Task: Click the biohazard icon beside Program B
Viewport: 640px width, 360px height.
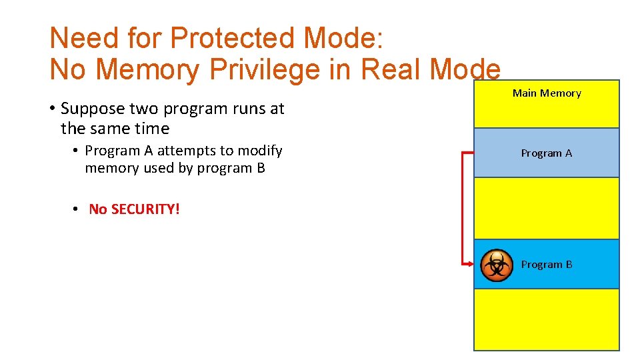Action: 496,265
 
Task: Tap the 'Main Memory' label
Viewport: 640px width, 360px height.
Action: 547,93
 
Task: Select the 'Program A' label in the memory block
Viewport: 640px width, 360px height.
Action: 547,153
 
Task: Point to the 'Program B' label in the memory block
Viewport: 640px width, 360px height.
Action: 547,265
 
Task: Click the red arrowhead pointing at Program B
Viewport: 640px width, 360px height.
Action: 469,265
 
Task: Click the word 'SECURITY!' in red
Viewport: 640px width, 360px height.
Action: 145,209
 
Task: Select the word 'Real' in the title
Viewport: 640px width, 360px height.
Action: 389,69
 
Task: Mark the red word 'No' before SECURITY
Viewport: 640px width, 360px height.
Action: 98,209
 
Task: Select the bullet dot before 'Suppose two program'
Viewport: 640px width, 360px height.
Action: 52,108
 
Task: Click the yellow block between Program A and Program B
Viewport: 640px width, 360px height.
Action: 547,208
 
